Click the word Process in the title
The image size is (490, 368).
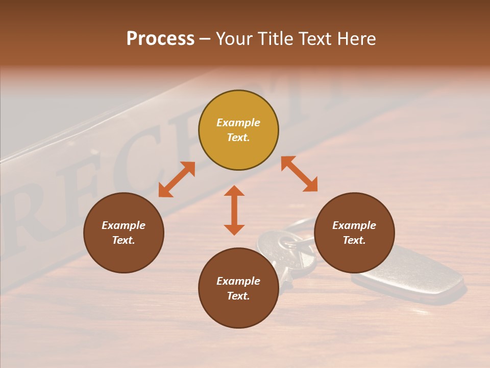pyautogui.click(x=160, y=39)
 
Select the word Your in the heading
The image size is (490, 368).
pyautogui.click(x=234, y=39)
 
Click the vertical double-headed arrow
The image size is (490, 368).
pyautogui.click(x=234, y=210)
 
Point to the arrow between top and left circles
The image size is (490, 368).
pyautogui.click(x=177, y=179)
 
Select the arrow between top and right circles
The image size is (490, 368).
pyautogui.click(x=300, y=174)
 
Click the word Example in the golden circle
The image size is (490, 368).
pyautogui.click(x=238, y=123)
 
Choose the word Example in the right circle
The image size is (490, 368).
pyautogui.click(x=354, y=225)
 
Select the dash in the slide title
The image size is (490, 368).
pyautogui.click(x=205, y=39)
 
